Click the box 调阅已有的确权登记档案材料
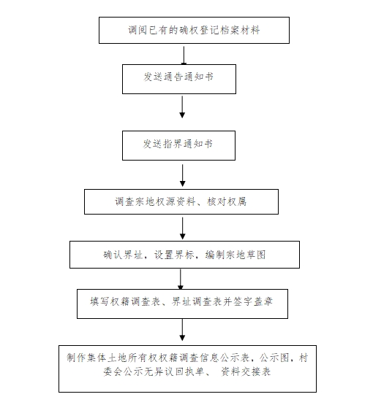click(194, 30)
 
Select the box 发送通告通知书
click(179, 79)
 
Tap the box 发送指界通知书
click(178, 145)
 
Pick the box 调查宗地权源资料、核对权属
click(181, 201)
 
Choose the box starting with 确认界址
click(184, 255)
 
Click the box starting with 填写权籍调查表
click(182, 304)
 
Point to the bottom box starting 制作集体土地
click(187, 369)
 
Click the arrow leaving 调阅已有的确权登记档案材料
click(184, 55)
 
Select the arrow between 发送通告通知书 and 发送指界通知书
click(182, 107)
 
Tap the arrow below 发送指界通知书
click(183, 175)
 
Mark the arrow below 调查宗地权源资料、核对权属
click(183, 228)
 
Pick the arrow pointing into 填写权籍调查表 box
click(181, 279)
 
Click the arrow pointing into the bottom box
click(182, 330)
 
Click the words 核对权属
click(227, 201)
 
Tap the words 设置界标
click(174, 255)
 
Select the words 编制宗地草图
click(236, 255)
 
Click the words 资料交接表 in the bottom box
click(246, 371)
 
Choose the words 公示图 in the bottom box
click(274, 358)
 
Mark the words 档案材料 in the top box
click(240, 30)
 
